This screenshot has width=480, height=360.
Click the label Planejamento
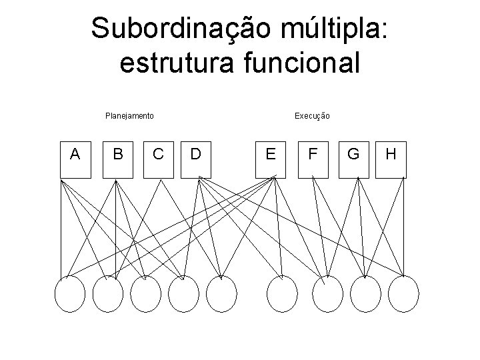pos(130,116)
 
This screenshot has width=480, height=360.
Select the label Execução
pos(312,116)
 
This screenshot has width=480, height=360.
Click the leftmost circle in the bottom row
pos(69,295)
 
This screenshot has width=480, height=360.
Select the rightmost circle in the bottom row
pos(404,295)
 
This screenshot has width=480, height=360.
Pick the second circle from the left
pos(108,295)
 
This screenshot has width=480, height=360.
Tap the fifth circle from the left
pos(222,295)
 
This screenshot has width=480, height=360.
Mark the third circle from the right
pos(327,295)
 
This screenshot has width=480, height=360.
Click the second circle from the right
pos(366,295)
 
